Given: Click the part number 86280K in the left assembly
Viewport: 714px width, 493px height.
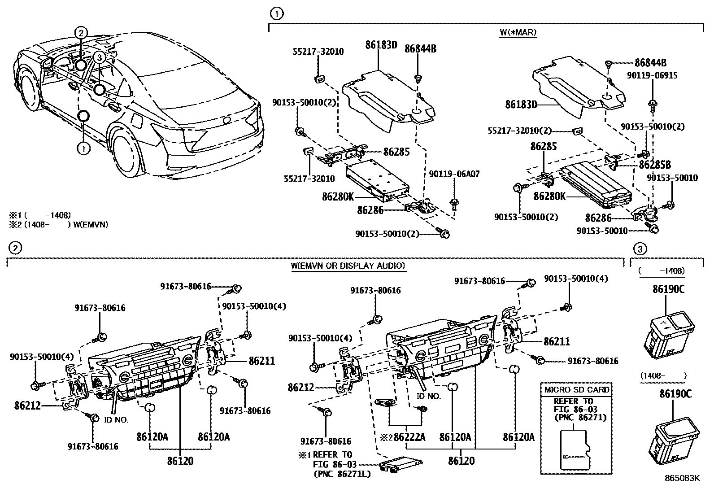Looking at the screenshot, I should [337, 196].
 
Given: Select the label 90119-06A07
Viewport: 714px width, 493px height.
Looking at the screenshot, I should [454, 174].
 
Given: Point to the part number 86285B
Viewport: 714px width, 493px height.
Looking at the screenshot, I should [655, 164].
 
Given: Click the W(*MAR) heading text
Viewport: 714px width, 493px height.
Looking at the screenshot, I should [518, 32].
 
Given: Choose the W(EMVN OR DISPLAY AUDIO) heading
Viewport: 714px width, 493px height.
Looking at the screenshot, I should [348, 266].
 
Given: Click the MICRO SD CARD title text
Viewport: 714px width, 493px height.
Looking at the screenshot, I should [577, 389].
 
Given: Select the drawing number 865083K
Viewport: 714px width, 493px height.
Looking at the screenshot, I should [682, 478].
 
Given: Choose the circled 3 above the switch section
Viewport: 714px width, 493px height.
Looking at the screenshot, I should [640, 249].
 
